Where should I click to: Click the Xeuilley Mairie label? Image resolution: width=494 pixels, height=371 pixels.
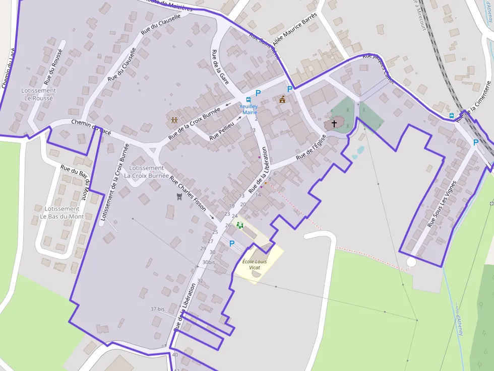pos(249,109)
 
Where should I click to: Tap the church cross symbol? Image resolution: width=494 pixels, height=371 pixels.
pos(334,123)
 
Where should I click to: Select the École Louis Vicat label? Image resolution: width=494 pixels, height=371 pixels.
pos(254,264)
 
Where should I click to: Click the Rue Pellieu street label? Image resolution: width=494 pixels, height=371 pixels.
pos(222,129)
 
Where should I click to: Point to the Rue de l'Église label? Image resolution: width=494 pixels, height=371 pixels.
pos(308,150)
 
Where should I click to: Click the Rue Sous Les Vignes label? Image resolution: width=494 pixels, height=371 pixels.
pos(442,204)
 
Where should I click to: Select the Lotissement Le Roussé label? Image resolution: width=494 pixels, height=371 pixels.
pos(38,94)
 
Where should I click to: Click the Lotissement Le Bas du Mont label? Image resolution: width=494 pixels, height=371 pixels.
pos(61,212)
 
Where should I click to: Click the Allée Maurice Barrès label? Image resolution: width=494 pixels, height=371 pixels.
pos(295,29)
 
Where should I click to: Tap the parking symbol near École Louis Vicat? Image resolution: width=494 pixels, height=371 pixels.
pos(232,244)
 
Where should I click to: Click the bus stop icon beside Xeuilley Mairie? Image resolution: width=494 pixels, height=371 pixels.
pos(248,100)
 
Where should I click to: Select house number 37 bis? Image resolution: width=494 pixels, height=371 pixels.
pos(158,309)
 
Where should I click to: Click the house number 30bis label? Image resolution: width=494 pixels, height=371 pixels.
pos(209,262)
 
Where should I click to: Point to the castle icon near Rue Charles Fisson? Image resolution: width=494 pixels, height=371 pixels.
pos(178,196)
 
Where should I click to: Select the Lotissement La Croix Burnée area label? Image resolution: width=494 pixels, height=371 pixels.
pos(147,172)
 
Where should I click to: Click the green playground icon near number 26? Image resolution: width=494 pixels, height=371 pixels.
pos(240,225)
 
